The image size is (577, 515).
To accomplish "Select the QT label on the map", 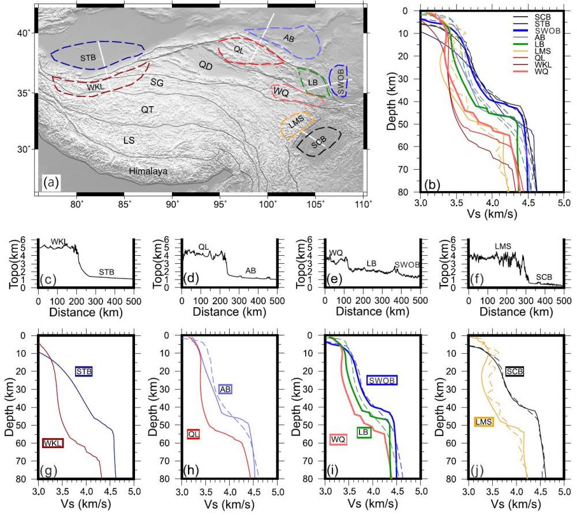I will point(148,109).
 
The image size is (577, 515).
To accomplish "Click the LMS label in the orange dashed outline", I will point(296,122).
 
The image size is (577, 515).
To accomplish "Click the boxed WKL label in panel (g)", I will point(53,443).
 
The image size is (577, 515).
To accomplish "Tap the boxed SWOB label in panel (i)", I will point(382,380).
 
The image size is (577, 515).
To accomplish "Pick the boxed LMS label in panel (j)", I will point(483,422).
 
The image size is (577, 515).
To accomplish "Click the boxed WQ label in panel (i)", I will point(338,440).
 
